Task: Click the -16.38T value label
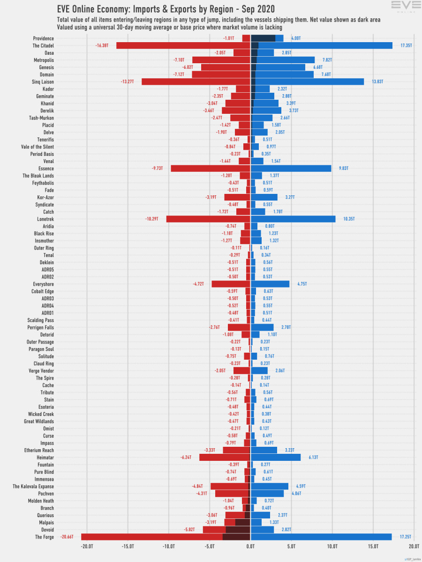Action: (x=102, y=46)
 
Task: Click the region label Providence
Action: (x=43, y=38)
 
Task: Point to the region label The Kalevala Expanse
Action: (x=33, y=487)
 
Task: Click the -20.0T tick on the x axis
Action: (x=87, y=546)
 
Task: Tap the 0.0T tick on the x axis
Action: (x=250, y=546)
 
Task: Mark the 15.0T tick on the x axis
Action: (x=373, y=546)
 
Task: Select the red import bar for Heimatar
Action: (x=225, y=458)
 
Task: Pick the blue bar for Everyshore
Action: (x=270, y=284)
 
